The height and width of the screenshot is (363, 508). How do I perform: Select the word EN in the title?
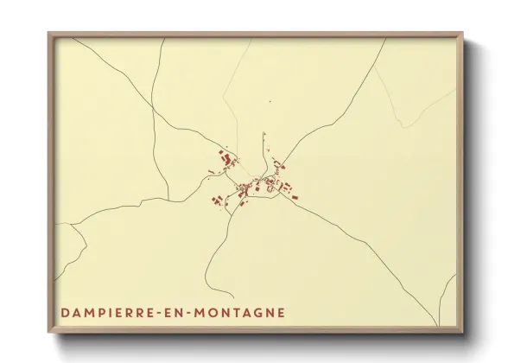click(x=166, y=312)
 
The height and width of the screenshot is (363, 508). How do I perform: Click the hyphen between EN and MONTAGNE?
click(x=181, y=312)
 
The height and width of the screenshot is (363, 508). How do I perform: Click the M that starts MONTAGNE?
click(x=194, y=312)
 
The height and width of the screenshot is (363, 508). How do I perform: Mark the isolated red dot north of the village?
click(x=270, y=103)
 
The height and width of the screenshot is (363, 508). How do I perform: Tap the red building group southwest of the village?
click(x=215, y=199)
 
